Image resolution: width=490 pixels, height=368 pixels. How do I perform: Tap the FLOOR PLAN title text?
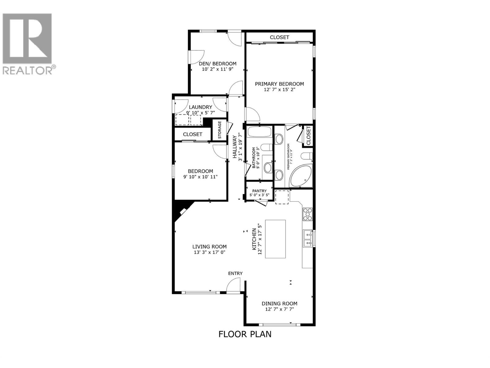(x=245, y=334)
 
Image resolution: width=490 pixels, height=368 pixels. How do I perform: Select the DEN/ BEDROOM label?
(x=217, y=64)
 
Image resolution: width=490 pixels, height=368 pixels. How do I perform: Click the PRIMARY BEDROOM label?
(x=279, y=84)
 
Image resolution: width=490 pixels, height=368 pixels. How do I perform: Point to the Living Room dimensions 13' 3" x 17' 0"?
(x=209, y=252)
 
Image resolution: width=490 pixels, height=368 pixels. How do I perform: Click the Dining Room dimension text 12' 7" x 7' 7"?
(x=279, y=309)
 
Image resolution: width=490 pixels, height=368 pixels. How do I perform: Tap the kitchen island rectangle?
(x=275, y=239)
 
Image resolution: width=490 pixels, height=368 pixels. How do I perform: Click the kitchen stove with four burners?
(x=307, y=214)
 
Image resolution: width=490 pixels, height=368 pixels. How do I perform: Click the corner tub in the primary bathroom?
(x=301, y=176)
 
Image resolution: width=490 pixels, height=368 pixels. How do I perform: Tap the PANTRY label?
(x=259, y=191)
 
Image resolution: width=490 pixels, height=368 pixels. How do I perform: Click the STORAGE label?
(x=220, y=130)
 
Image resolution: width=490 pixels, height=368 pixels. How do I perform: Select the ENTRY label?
(x=235, y=273)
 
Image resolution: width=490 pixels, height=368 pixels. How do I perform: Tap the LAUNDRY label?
(x=201, y=107)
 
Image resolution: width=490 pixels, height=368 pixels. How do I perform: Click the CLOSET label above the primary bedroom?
(x=279, y=37)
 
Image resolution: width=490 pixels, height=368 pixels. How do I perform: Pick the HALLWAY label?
(x=235, y=147)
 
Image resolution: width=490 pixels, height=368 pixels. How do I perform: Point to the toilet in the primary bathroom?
(x=306, y=156)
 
